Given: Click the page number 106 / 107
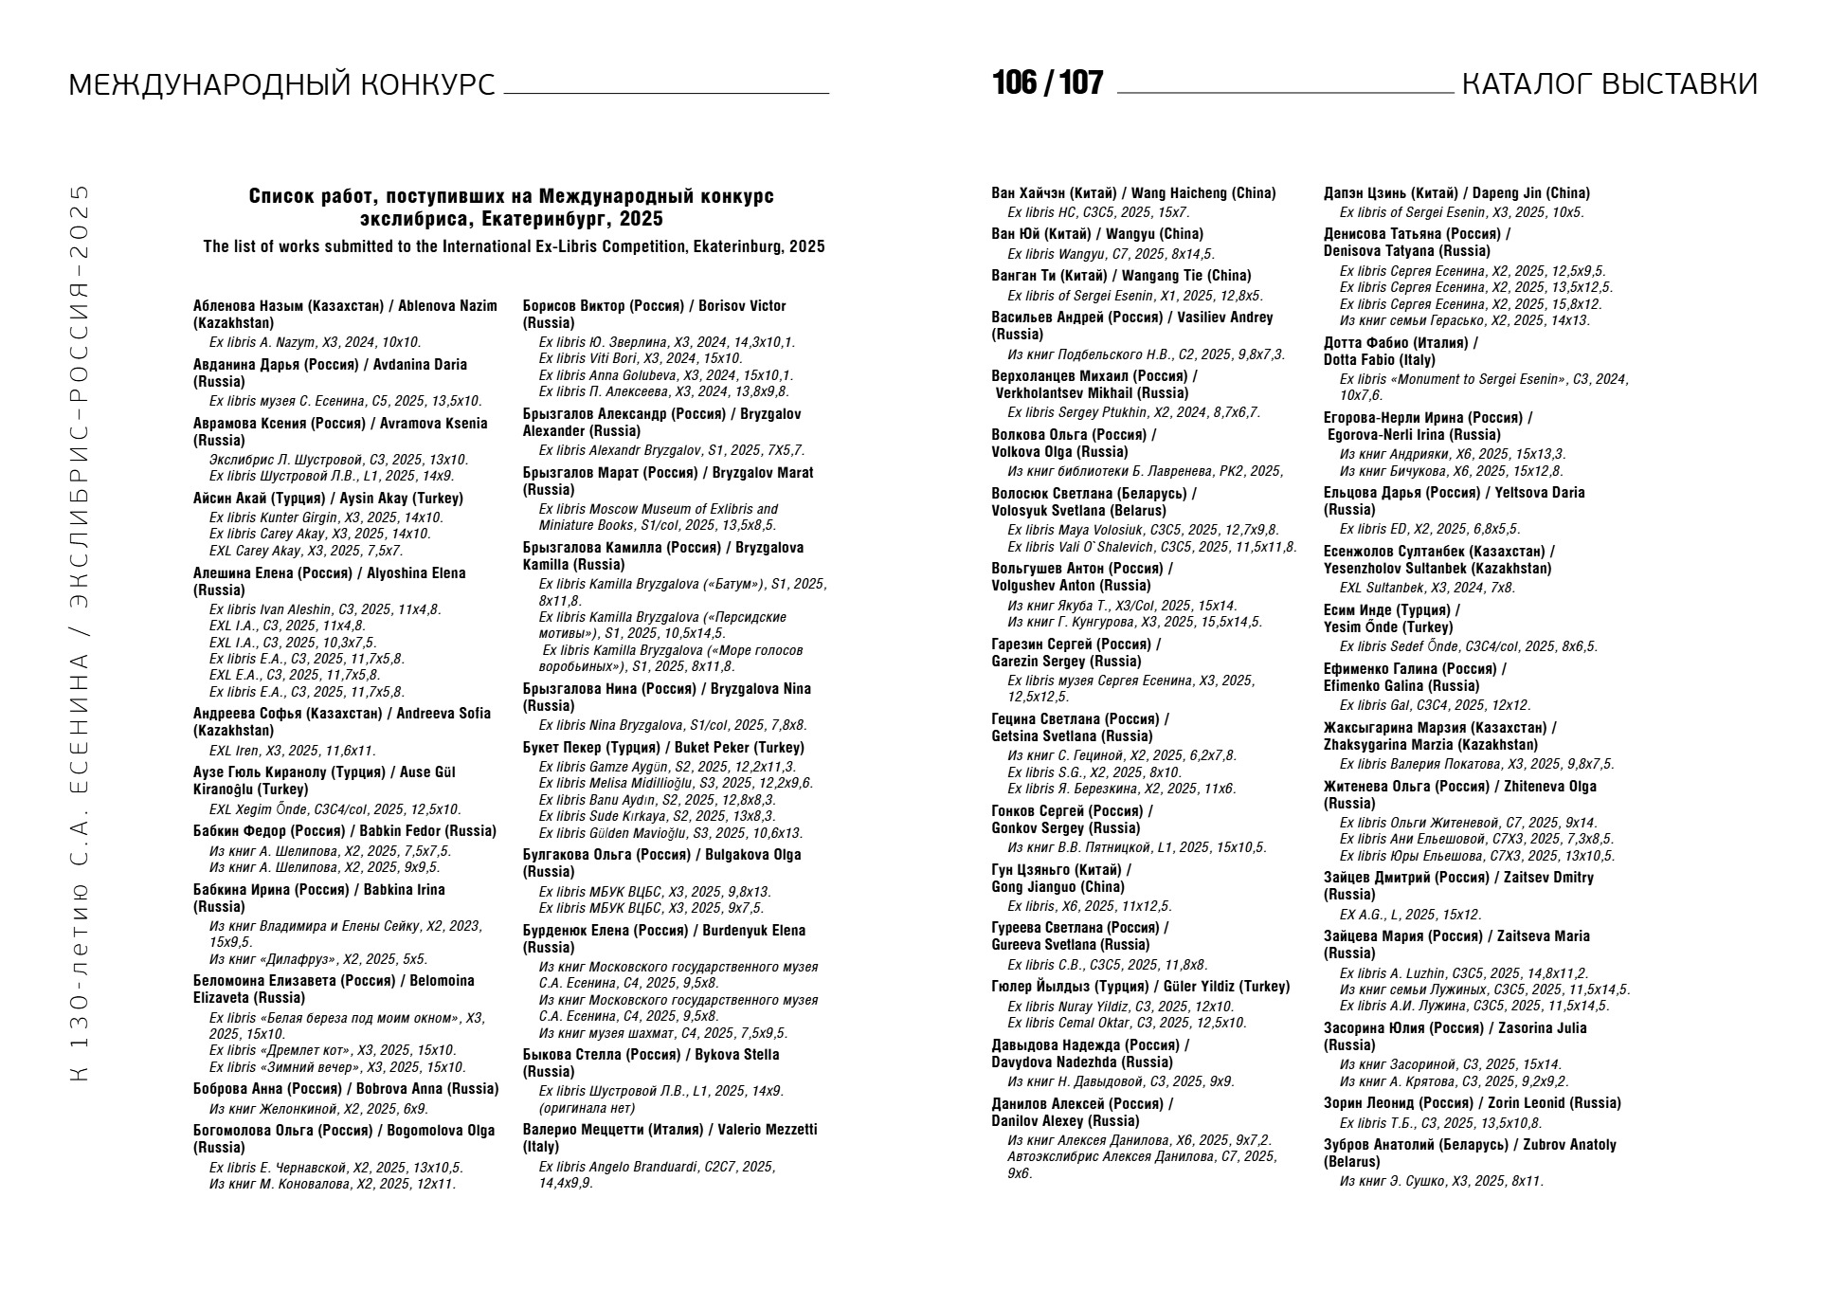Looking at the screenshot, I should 1047,83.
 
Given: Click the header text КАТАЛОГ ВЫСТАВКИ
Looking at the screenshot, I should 1609,84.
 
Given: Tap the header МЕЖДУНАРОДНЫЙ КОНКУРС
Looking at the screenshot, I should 281,85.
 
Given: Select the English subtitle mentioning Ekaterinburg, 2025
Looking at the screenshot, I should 514,247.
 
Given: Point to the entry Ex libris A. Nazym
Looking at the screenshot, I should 315,342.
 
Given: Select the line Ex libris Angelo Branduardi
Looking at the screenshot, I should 656,1167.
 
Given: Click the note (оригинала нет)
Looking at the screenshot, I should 587,1108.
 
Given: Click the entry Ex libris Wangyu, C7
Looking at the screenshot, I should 1111,254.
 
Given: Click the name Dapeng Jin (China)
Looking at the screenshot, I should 1530,193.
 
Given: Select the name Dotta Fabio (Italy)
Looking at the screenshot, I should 1379,360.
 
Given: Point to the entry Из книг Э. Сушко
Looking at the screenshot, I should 1441,1181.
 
